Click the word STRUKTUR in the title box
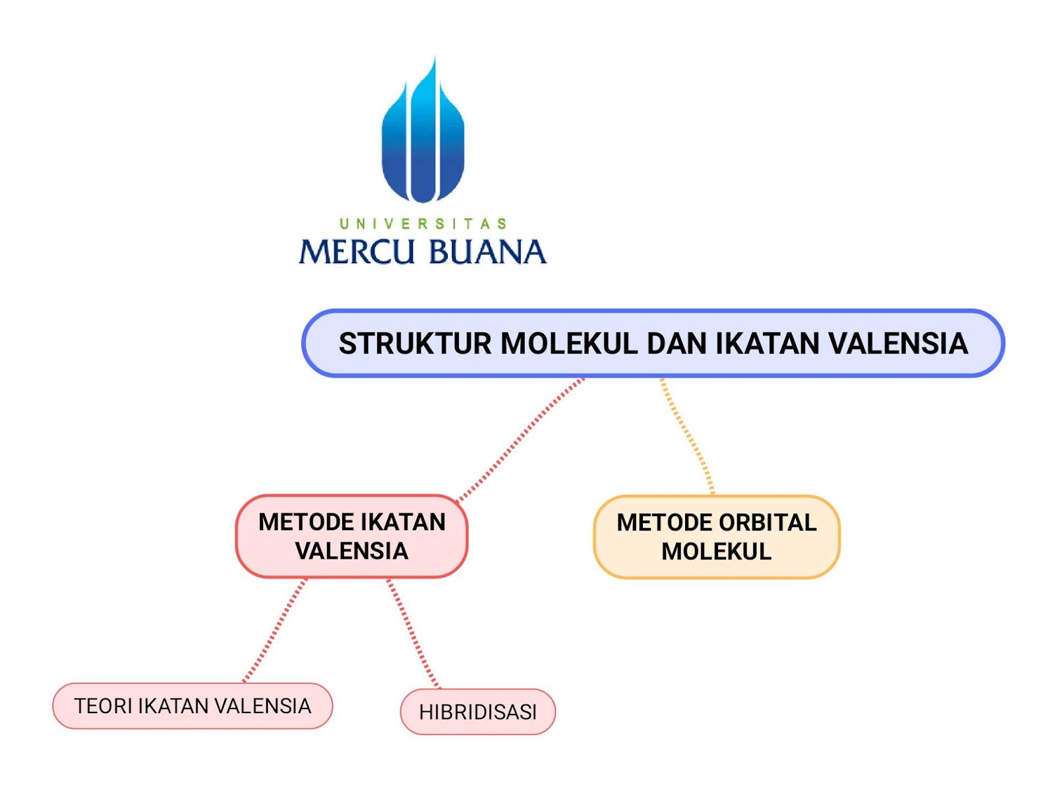(415, 343)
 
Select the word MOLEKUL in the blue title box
(569, 343)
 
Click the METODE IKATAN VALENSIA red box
(351, 536)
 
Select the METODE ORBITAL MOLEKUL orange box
(716, 536)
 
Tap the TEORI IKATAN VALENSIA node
(193, 706)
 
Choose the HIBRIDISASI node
(478, 712)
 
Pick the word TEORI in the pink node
(104, 706)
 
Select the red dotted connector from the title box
(520, 440)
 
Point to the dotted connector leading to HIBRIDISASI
(413, 633)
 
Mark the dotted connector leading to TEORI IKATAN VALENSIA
(274, 630)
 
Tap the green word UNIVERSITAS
(423, 224)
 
